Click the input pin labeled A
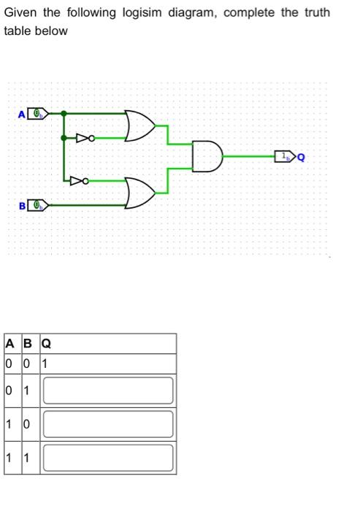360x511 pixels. (37, 114)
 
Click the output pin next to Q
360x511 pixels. (283, 156)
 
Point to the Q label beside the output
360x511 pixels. (301, 156)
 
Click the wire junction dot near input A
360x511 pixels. (64, 114)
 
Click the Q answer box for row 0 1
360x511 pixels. (108, 391)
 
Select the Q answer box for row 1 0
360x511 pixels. (108, 424)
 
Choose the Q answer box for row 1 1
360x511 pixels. (108, 458)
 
